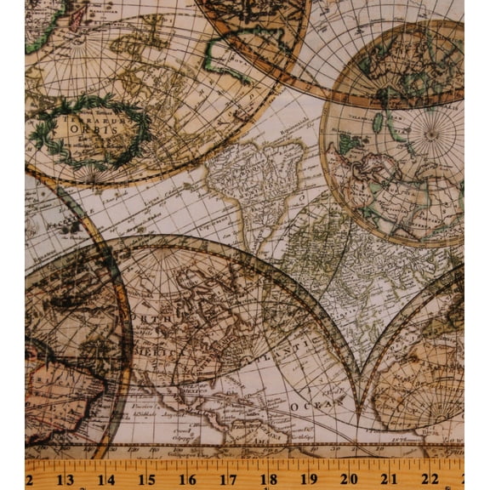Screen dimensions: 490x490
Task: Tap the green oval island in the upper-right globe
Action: (x=377, y=122)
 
